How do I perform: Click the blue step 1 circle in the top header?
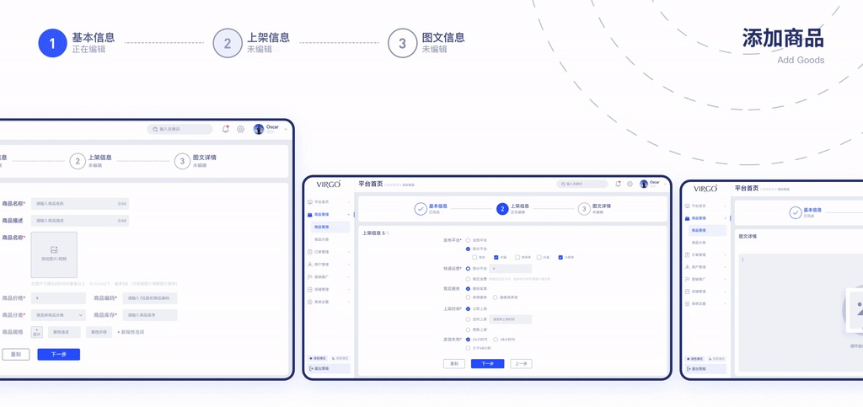click(x=52, y=44)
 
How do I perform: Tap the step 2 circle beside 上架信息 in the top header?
click(x=228, y=44)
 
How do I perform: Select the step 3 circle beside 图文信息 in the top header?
click(x=403, y=44)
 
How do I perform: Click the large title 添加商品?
click(x=783, y=38)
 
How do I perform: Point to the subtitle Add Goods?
click(x=801, y=60)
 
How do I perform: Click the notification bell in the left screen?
click(x=226, y=129)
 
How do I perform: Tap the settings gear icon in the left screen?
click(x=240, y=129)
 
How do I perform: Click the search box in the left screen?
click(x=180, y=129)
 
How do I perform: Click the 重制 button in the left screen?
click(x=15, y=355)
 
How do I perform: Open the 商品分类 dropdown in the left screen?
click(x=58, y=315)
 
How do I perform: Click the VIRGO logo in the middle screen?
click(x=329, y=184)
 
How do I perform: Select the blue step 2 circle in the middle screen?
click(x=502, y=209)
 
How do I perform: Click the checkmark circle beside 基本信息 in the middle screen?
click(x=421, y=209)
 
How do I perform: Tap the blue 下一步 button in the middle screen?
click(x=487, y=364)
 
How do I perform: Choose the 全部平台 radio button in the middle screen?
click(x=468, y=240)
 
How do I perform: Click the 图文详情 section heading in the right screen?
click(x=748, y=236)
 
